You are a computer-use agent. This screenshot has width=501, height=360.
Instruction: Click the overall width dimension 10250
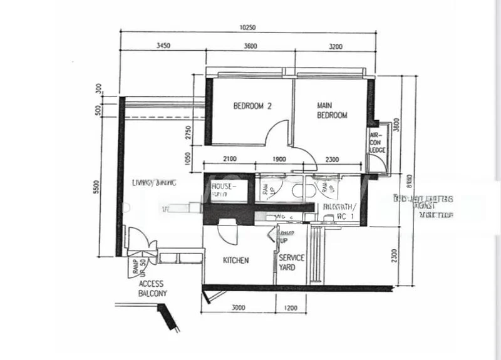[x=248, y=28]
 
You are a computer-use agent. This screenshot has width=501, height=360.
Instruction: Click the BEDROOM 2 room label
[x=252, y=106]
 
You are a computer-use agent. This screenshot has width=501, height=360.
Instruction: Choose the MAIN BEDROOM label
[x=331, y=111]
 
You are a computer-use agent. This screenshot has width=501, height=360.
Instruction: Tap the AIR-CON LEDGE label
[x=377, y=143]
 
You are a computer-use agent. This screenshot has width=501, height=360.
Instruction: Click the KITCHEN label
[x=236, y=260]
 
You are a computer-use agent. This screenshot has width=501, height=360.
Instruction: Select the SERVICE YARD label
[x=291, y=262]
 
